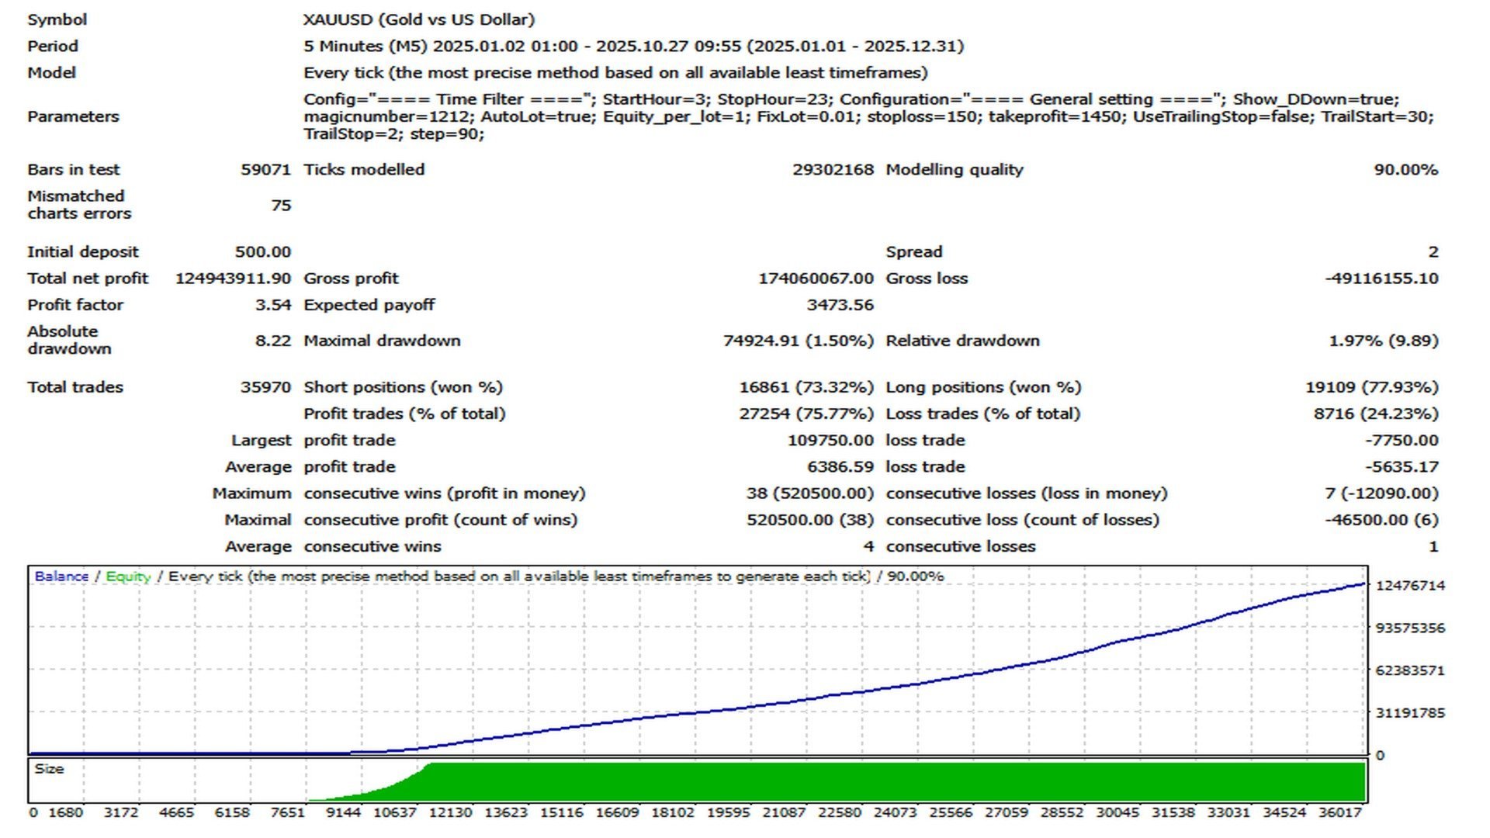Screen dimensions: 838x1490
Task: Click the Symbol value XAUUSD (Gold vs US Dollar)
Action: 419,19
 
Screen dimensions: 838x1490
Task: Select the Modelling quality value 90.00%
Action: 1405,169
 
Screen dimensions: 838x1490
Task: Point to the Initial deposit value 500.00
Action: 263,251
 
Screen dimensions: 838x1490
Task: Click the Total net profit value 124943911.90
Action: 233,278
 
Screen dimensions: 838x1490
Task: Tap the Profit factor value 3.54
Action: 273,304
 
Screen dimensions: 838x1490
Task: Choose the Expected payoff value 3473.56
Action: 840,304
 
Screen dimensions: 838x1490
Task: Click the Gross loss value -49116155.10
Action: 1381,278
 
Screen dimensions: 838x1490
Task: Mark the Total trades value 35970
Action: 265,386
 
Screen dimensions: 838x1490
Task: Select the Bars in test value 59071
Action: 265,169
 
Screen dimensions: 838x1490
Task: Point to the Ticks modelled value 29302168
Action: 833,169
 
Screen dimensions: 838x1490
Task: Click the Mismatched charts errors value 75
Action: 281,205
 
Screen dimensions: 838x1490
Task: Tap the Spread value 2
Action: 1433,251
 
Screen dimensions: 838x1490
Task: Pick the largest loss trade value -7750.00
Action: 1402,440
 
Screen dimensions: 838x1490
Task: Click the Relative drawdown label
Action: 962,340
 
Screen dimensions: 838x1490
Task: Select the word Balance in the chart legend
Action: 61,577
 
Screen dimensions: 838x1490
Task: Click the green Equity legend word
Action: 128,577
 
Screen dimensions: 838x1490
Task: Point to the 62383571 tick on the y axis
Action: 1410,670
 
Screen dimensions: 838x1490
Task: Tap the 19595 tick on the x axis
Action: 728,812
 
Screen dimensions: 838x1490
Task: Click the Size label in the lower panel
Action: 49,769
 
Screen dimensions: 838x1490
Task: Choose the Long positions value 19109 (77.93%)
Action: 1371,386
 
